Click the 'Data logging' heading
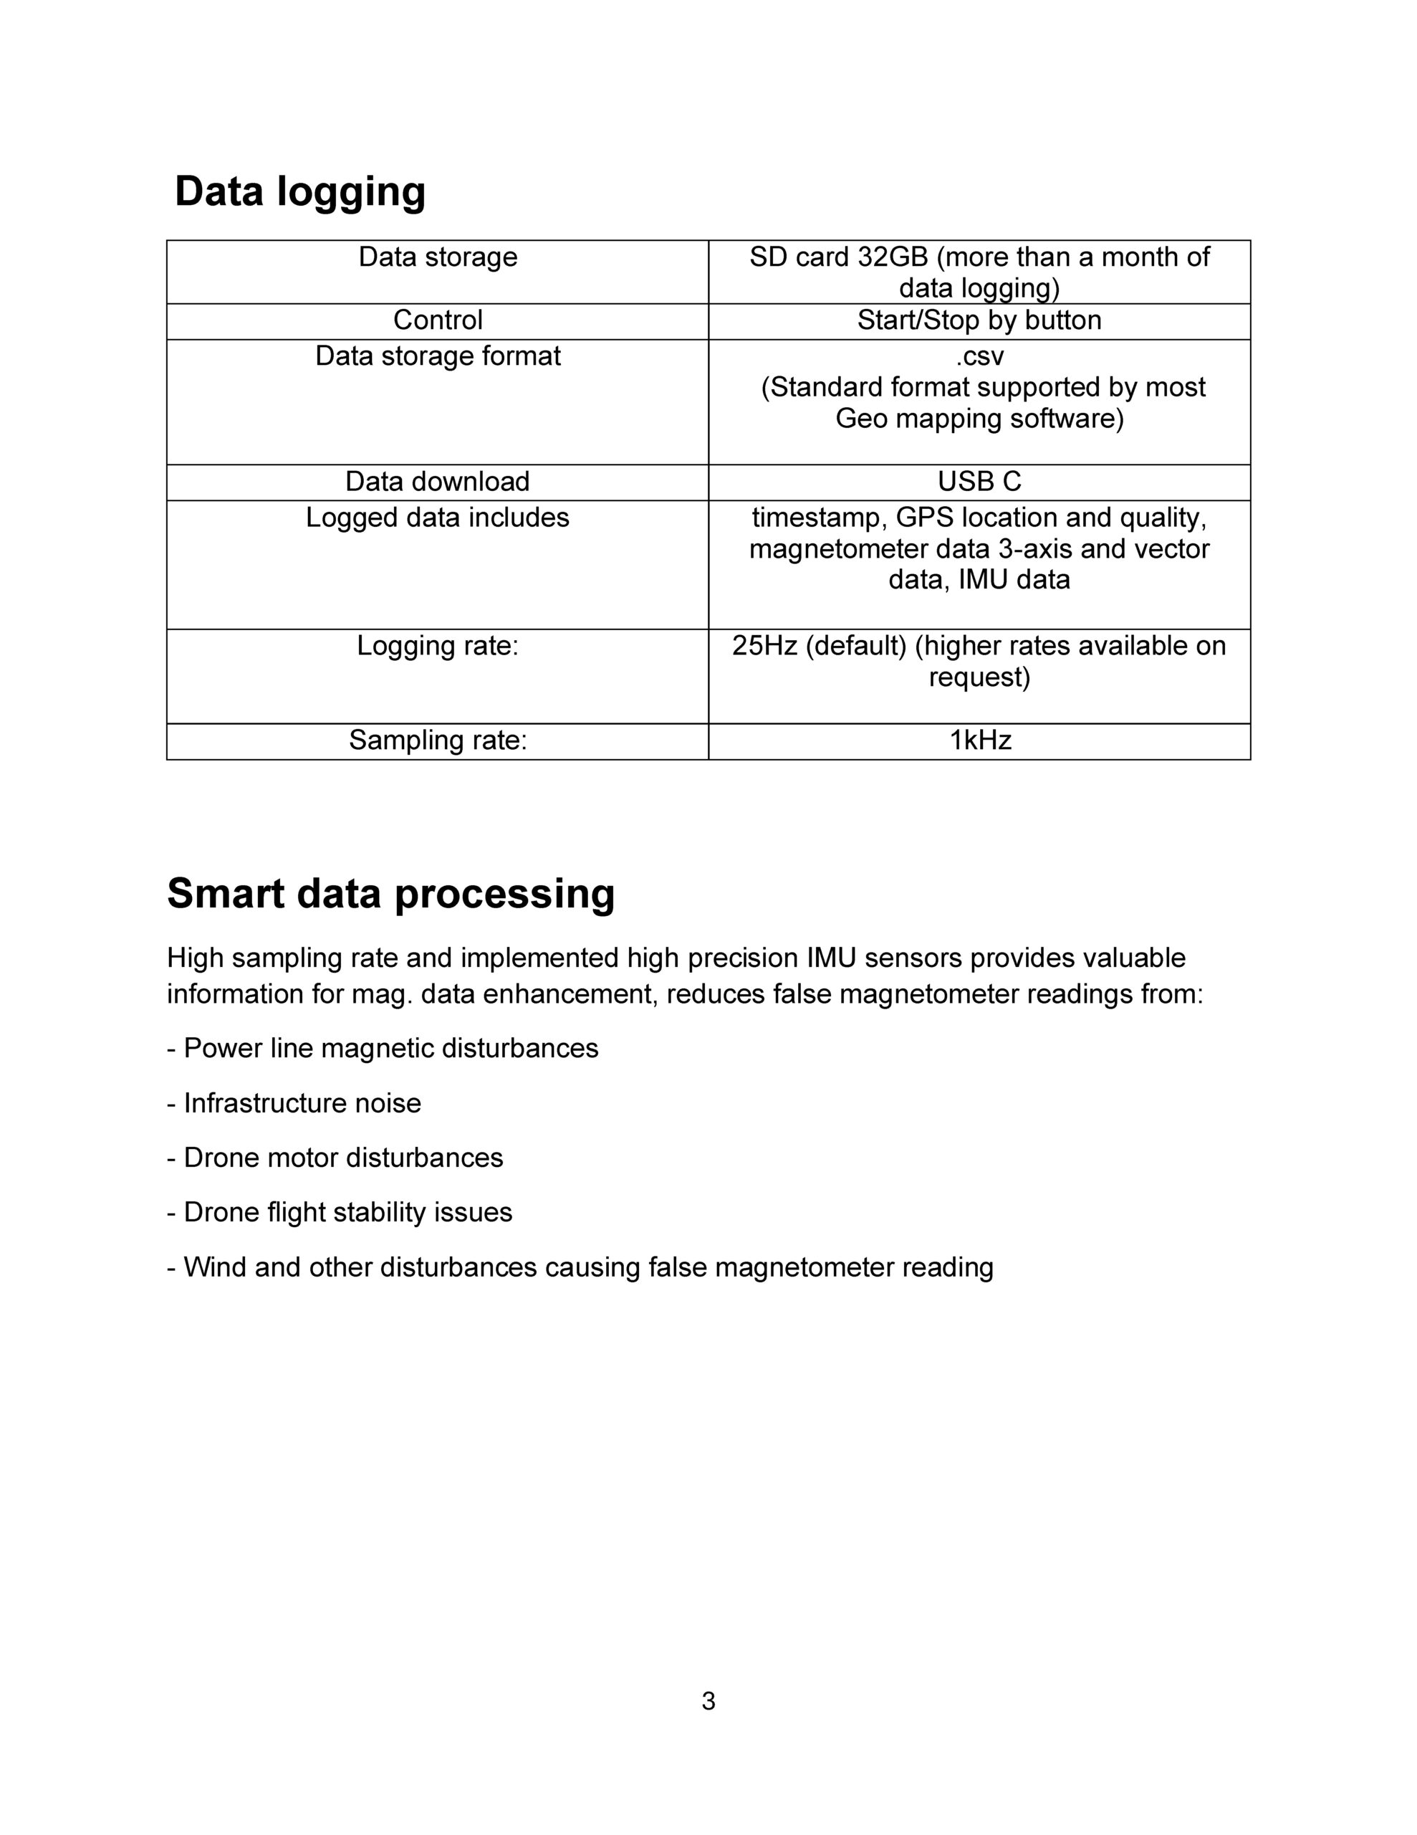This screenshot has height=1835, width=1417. pos(300,191)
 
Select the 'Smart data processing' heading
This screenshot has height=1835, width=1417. pos(390,893)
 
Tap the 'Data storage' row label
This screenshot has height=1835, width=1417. pos(438,257)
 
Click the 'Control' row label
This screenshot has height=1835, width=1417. pos(438,320)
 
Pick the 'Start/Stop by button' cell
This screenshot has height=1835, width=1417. pos(979,320)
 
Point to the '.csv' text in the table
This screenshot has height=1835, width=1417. pos(979,356)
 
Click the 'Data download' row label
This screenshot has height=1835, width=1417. pos(438,482)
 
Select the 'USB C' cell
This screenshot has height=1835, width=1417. pos(979,482)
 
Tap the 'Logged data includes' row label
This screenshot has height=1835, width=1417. pos(438,518)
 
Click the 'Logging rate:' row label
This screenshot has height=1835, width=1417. pos(438,645)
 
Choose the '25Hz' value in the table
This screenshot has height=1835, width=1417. pos(764,645)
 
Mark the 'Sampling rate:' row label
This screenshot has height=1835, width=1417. pos(438,740)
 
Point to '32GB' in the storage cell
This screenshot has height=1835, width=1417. pos(892,257)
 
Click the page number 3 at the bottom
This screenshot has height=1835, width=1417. pos(708,1702)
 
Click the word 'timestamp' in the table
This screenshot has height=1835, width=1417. pos(820,518)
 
